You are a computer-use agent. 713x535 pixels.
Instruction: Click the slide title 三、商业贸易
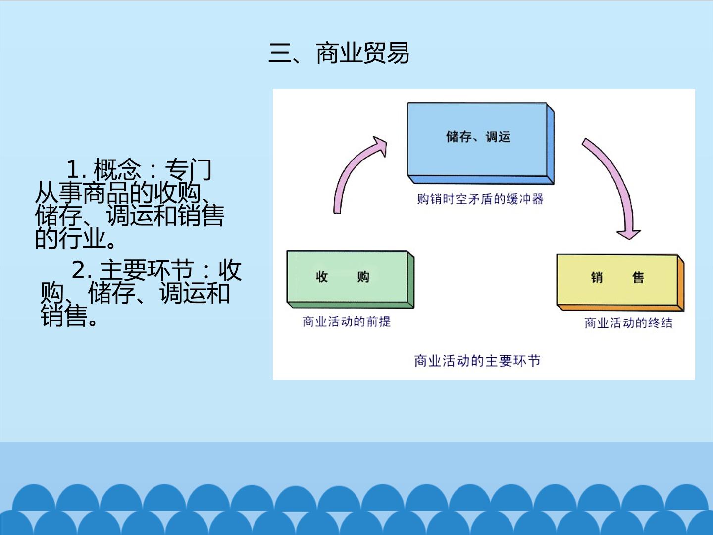click(x=339, y=53)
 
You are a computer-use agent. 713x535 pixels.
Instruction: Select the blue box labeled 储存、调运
click(x=481, y=143)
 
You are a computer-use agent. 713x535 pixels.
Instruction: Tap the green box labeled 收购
click(x=350, y=279)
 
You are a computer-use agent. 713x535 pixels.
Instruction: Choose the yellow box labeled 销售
click(x=620, y=282)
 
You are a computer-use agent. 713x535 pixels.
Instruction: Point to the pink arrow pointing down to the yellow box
click(x=619, y=182)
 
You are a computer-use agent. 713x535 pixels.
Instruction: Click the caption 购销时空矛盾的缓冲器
click(x=480, y=199)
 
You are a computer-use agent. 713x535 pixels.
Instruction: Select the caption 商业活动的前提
click(x=347, y=321)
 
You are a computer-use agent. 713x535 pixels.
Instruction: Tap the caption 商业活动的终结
click(x=628, y=323)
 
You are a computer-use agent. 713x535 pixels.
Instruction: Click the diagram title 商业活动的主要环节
click(x=477, y=361)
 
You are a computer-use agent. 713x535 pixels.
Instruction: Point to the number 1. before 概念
click(x=76, y=169)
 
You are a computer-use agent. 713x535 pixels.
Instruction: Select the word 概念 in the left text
click(x=117, y=169)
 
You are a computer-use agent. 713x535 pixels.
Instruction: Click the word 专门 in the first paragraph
click(x=189, y=169)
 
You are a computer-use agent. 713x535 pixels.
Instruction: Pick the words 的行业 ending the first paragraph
click(x=71, y=238)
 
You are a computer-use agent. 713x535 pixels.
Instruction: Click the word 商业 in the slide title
click(x=339, y=53)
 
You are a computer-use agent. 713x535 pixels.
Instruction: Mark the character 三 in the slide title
click(x=280, y=53)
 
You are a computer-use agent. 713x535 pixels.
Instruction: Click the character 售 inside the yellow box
click(x=638, y=278)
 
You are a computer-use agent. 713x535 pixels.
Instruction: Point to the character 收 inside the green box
click(x=322, y=277)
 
